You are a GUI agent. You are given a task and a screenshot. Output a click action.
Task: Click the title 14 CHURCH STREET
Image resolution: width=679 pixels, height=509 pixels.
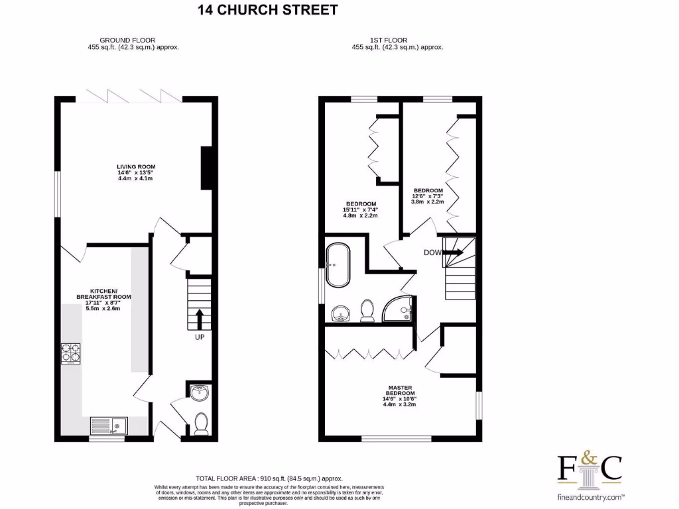(x=267, y=10)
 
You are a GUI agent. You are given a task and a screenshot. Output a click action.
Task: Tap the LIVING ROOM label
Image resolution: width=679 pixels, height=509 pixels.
(x=135, y=166)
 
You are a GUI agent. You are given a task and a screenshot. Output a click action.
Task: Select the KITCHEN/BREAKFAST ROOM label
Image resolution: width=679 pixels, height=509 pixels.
(x=97, y=296)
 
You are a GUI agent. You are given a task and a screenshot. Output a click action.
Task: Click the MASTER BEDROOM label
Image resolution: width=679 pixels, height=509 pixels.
(x=400, y=391)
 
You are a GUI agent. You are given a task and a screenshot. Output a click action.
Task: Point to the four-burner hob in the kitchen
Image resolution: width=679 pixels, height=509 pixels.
(x=71, y=354)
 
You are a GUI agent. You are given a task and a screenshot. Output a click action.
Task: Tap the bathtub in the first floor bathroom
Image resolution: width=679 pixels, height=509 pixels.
(x=337, y=263)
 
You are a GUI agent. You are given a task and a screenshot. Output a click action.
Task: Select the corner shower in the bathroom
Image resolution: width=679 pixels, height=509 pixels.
(x=400, y=309)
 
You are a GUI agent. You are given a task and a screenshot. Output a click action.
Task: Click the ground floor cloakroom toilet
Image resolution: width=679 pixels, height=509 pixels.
(x=200, y=422)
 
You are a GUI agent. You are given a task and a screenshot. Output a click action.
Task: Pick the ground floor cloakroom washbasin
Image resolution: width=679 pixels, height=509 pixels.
(x=200, y=394)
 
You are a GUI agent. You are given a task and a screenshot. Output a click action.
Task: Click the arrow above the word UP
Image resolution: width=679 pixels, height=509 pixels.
(x=199, y=319)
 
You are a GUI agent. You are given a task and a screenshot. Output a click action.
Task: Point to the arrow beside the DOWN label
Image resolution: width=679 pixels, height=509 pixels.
(x=454, y=252)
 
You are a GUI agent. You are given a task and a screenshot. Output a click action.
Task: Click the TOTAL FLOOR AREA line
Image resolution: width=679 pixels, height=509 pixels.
(x=269, y=478)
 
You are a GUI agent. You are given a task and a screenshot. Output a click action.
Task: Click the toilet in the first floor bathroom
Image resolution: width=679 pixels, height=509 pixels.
(x=367, y=310)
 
